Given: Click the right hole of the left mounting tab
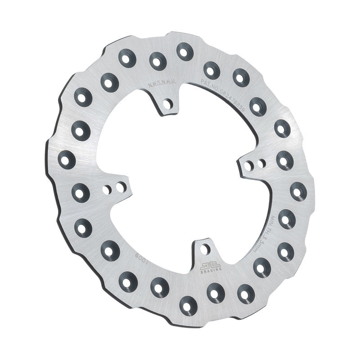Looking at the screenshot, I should pyautogui.click(x=119, y=186).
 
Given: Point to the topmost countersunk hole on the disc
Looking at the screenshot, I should pyautogui.click(x=184, y=51).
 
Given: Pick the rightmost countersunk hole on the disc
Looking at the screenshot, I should pyautogui.click(x=297, y=191).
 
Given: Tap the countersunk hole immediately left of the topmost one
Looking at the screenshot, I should pyautogui.click(x=157, y=61).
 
